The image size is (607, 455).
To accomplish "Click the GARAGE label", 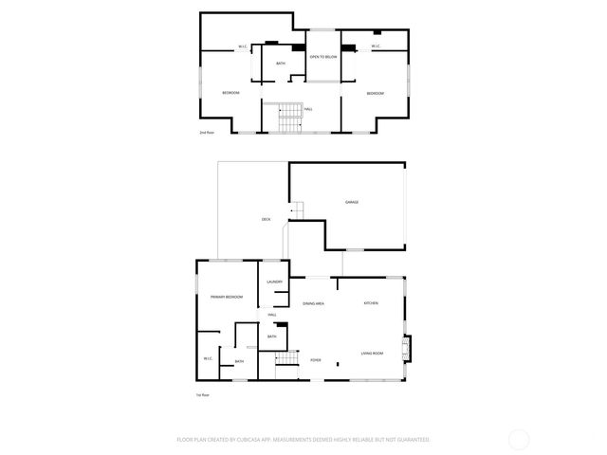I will coord(351,202).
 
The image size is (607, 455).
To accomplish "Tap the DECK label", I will coord(267,220).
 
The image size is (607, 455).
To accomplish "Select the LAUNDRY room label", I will coord(275,282).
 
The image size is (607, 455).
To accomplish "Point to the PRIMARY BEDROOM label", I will coord(228,297).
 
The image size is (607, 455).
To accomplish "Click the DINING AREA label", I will coord(314,303).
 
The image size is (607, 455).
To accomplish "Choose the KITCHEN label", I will coord(371,302).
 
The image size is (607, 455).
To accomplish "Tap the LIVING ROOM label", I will coord(372,354).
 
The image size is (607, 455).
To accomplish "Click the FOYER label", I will coord(316,360).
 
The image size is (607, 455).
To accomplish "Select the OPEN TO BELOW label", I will coord(323,57).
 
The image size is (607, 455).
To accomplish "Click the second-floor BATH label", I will coord(281,64).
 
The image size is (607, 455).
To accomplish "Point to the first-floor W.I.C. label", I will coord(208,358).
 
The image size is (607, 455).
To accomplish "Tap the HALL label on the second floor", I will coord(308,108).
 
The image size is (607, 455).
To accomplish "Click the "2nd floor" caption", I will coord(207,133).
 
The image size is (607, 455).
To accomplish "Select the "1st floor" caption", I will coord(202,394).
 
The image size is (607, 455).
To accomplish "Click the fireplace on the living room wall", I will coord(408,350).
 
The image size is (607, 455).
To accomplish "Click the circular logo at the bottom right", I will coord(518,439).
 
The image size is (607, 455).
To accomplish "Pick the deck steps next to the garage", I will coord(297,210).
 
